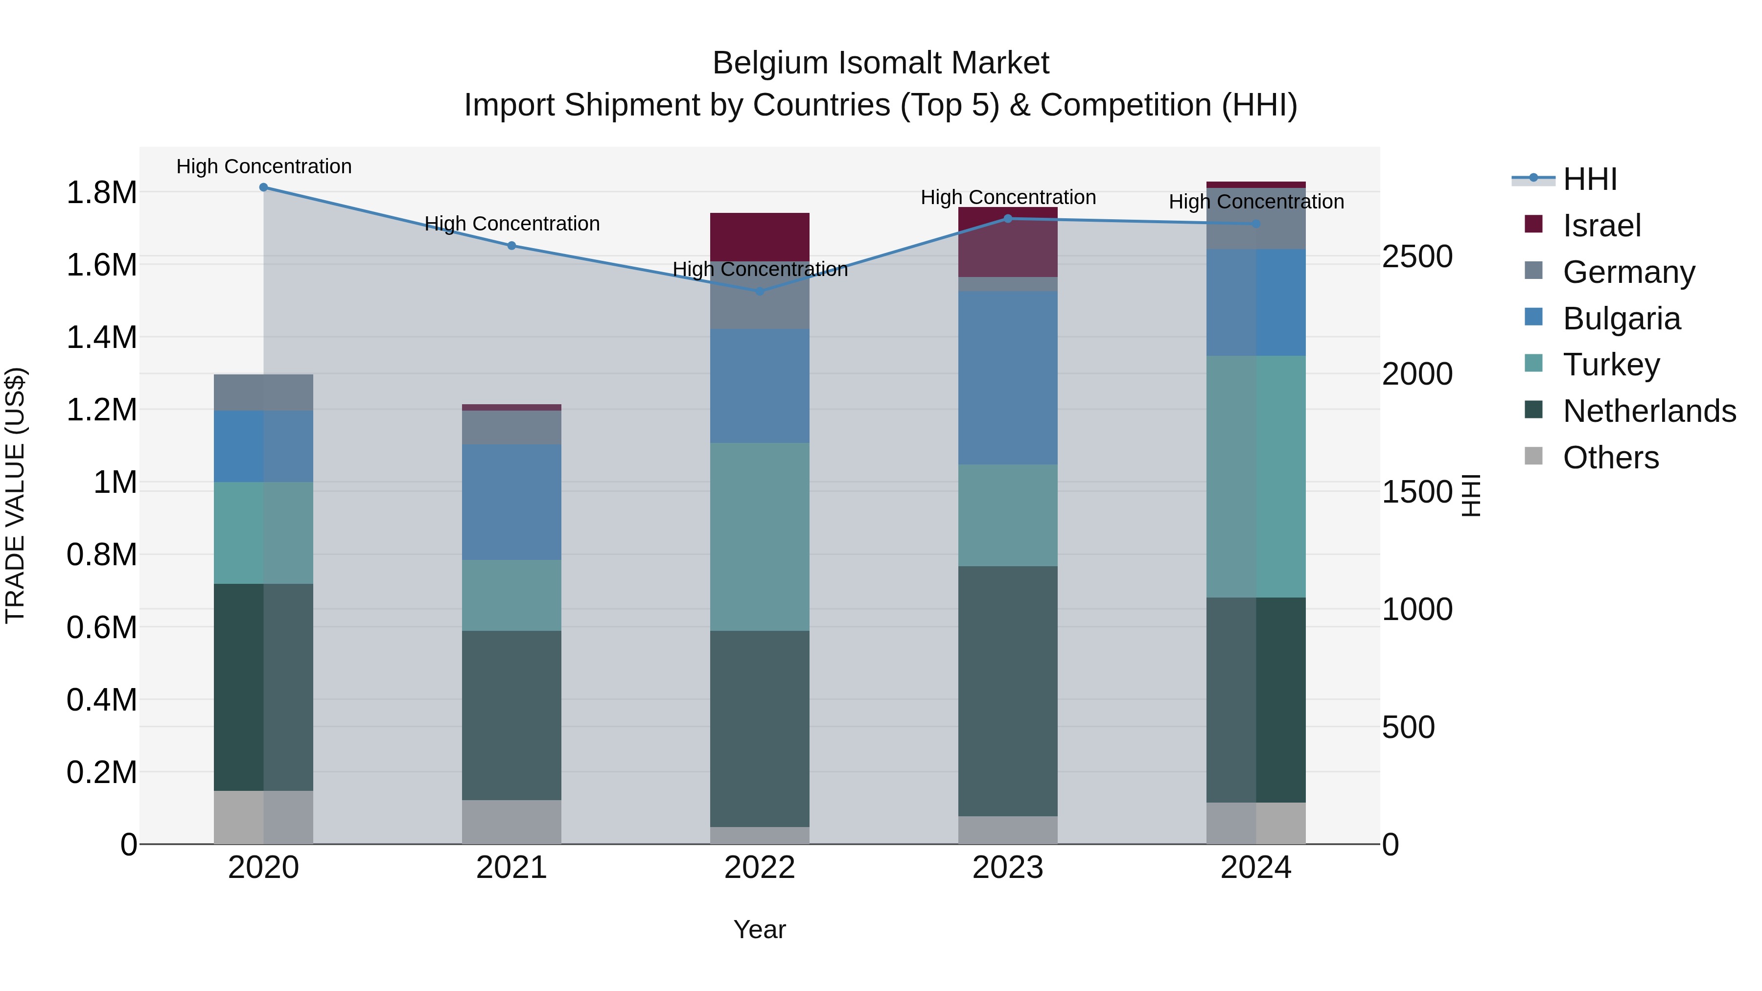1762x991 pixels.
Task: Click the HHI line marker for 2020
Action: [263, 187]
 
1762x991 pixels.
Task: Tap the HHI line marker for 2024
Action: [1256, 224]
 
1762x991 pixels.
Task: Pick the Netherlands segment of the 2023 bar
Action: [1008, 691]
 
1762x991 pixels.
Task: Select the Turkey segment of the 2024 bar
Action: [1256, 477]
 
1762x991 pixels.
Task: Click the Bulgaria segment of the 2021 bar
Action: [511, 502]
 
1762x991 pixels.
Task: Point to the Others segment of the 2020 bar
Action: [263, 817]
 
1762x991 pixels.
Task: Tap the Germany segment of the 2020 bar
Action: [263, 392]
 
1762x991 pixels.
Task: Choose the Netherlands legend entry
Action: [1648, 411]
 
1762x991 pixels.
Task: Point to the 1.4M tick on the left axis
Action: [101, 338]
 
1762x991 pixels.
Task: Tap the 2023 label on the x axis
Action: [1008, 868]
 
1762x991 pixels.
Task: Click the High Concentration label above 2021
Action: [511, 224]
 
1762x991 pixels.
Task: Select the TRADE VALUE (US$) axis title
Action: [15, 495]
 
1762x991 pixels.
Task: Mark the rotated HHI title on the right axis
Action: [1471, 495]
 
